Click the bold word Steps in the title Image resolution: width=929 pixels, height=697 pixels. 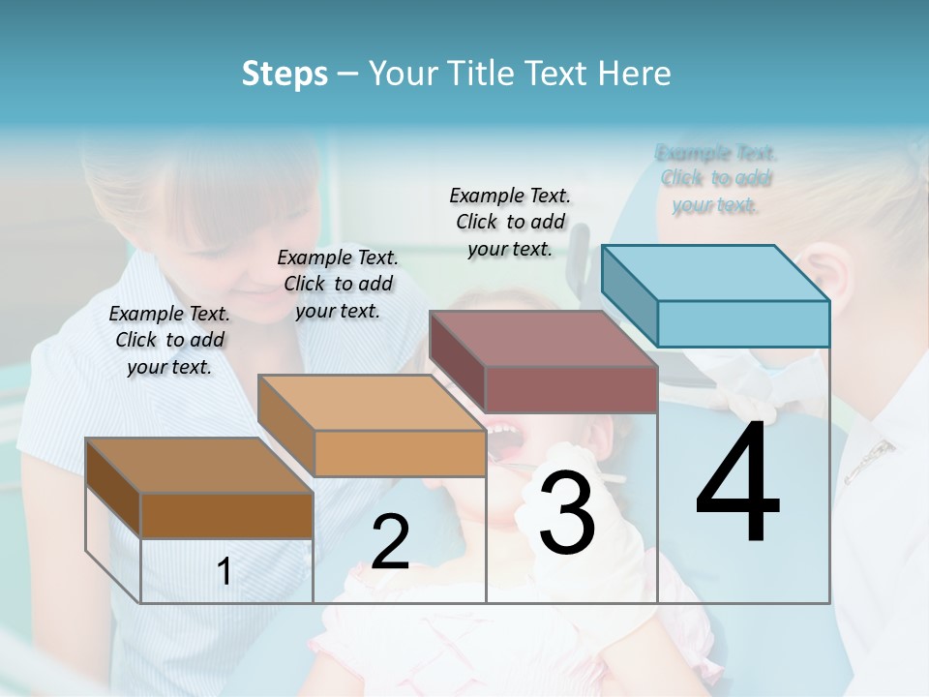[x=285, y=74]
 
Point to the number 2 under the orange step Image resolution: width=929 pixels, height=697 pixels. [x=390, y=542]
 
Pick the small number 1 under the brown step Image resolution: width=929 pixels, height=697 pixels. [x=225, y=572]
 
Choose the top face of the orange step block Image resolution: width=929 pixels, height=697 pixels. [x=372, y=403]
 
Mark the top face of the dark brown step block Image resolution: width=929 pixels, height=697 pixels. [x=199, y=466]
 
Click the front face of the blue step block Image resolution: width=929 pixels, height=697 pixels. [x=743, y=323]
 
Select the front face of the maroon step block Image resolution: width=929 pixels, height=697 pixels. [x=571, y=389]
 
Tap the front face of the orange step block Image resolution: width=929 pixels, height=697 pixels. [x=400, y=453]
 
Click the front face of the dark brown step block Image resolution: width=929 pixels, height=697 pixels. [x=227, y=515]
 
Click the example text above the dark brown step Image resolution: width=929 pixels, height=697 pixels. [x=169, y=340]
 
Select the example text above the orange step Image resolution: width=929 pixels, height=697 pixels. [x=338, y=284]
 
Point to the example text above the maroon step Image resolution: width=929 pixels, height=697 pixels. [x=510, y=222]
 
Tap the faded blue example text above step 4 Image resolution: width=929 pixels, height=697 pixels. [x=716, y=178]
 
